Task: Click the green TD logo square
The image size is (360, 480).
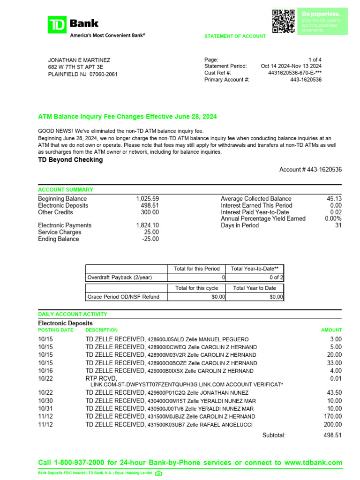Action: click(x=57, y=24)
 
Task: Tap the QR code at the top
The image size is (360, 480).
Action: click(x=284, y=21)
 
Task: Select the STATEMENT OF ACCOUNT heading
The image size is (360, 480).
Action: click(x=235, y=36)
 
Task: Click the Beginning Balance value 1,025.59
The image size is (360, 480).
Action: click(x=147, y=199)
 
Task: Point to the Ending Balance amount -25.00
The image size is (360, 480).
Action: click(x=150, y=239)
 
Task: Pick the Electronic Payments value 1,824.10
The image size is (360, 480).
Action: click(x=147, y=225)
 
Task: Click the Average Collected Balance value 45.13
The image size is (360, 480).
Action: click(x=334, y=199)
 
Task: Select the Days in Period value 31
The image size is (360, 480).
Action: click(x=338, y=225)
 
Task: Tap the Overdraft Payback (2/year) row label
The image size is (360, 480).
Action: click(x=120, y=277)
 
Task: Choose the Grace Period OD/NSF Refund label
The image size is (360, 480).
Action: click(x=123, y=297)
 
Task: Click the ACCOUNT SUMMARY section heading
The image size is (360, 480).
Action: click(x=65, y=190)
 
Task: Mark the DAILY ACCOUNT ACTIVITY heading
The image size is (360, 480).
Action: click(x=72, y=314)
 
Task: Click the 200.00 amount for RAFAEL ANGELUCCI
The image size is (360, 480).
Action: click(x=334, y=425)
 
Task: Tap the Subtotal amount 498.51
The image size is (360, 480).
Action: click(x=333, y=435)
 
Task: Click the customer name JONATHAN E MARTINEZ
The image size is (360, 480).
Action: click(x=79, y=60)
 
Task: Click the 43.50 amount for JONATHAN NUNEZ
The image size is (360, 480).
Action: click(x=334, y=392)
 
